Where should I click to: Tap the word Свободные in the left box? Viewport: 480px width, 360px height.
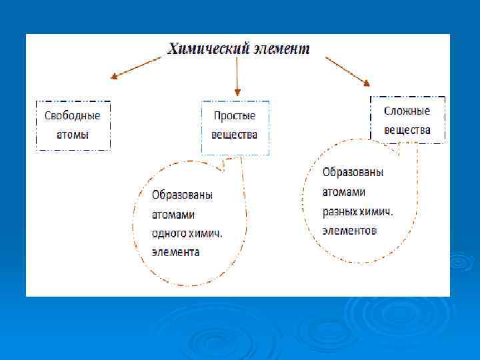73,115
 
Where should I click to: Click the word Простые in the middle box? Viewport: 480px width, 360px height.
234,115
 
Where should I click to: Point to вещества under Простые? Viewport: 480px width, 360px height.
234,135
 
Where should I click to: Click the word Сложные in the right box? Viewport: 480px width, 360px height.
407,111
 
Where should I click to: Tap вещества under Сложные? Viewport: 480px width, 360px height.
407,130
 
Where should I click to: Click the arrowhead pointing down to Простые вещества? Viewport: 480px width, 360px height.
237,91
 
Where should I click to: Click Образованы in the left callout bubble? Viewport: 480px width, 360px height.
182,195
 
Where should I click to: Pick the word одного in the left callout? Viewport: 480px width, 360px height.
169,234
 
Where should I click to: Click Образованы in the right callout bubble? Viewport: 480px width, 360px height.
353,172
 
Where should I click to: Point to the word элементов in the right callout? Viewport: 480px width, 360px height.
350,231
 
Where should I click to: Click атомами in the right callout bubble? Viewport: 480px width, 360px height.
344,192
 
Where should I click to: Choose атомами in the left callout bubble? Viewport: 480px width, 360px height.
173,215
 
